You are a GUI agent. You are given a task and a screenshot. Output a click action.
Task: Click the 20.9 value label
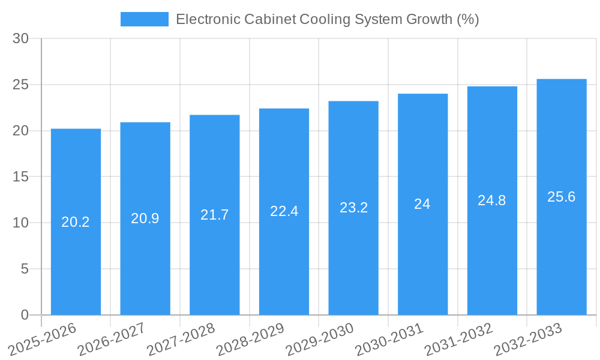point(145,218)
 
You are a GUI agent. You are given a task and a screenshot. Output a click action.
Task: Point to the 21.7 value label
point(215,215)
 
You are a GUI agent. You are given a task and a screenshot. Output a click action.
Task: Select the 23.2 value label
point(353,208)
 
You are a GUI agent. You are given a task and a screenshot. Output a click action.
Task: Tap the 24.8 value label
point(492,200)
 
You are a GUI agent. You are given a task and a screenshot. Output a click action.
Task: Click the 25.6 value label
point(562,197)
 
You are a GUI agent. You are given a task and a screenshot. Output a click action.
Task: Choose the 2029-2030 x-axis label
point(320,340)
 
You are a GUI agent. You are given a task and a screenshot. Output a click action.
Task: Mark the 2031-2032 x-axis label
point(458,340)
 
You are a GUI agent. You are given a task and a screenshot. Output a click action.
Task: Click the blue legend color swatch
point(145,19)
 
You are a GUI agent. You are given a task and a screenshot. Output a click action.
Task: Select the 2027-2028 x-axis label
point(181,340)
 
